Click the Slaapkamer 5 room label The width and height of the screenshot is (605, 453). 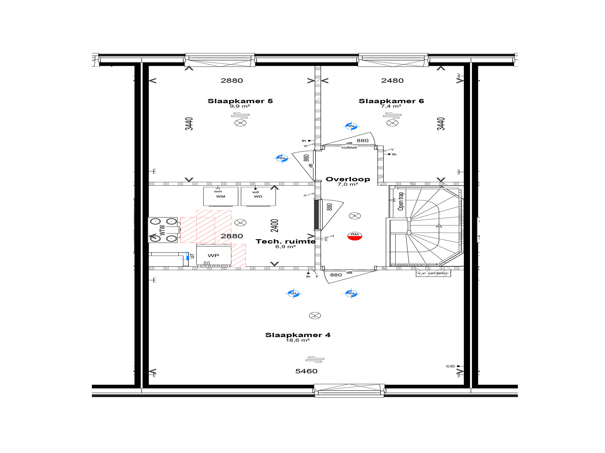pyautogui.click(x=240, y=101)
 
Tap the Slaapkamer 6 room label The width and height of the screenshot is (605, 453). pyautogui.click(x=391, y=101)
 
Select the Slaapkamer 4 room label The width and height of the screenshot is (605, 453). pyautogui.click(x=298, y=335)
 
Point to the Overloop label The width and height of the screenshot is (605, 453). pyautogui.click(x=348, y=179)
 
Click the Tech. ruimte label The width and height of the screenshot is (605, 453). pyautogui.click(x=285, y=242)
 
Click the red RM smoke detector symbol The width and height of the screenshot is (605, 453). pyautogui.click(x=355, y=236)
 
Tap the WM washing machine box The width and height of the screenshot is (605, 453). pyautogui.click(x=221, y=196)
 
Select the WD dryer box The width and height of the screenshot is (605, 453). pyautogui.click(x=258, y=196)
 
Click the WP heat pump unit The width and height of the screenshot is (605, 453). pyautogui.click(x=214, y=255)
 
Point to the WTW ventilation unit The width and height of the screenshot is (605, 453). pyautogui.click(x=163, y=230)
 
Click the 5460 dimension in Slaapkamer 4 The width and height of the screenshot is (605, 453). pyautogui.click(x=306, y=371)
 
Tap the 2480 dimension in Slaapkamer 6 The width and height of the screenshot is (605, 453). pyautogui.click(x=392, y=81)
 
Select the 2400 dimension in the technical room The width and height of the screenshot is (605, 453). pyautogui.click(x=275, y=226)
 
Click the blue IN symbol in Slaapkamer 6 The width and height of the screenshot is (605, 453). pyautogui.click(x=351, y=126)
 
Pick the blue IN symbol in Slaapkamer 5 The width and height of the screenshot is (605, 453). pyautogui.click(x=282, y=158)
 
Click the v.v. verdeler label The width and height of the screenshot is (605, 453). pyautogui.click(x=433, y=273)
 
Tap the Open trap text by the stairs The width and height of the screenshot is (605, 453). pyautogui.click(x=401, y=201)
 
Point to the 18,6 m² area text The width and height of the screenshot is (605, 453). pyautogui.click(x=298, y=340)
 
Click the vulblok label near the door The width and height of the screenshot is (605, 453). pyautogui.click(x=349, y=147)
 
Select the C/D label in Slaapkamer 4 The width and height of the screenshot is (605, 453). pyautogui.click(x=451, y=366)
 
